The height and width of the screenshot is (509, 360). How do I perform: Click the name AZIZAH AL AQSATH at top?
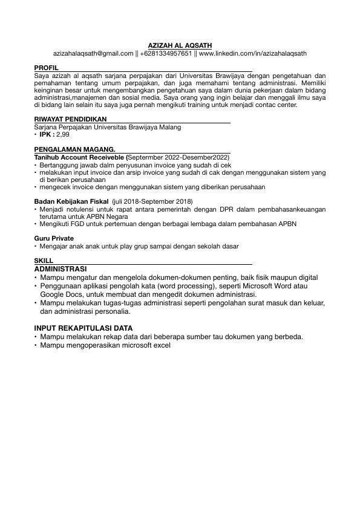click(180, 45)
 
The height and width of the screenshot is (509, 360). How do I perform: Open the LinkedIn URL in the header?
click(252, 53)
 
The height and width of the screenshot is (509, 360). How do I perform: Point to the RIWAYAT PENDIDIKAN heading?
click(70, 120)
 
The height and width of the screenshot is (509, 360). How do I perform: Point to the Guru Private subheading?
click(54, 239)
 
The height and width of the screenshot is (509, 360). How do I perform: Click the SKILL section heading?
click(44, 261)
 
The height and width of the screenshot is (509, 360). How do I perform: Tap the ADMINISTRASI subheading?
click(61, 268)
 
